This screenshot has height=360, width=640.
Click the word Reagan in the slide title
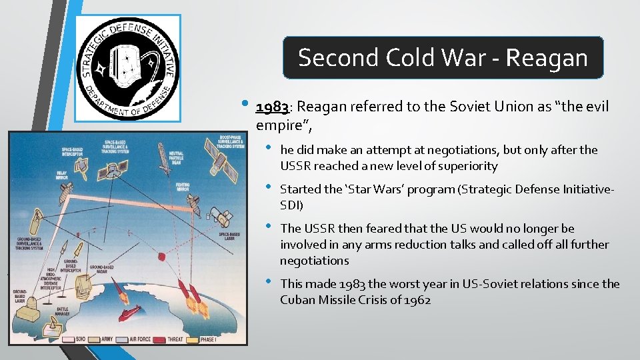pyautogui.click(x=547, y=58)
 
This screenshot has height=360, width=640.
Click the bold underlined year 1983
pyautogui.click(x=271, y=107)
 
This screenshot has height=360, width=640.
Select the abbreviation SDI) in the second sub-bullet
pyautogui.click(x=291, y=205)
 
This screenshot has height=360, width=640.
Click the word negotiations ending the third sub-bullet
pyautogui.click(x=314, y=261)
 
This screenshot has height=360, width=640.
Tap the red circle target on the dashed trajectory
pyautogui.click(x=160, y=256)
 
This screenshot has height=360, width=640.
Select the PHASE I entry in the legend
pyautogui.click(x=211, y=338)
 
